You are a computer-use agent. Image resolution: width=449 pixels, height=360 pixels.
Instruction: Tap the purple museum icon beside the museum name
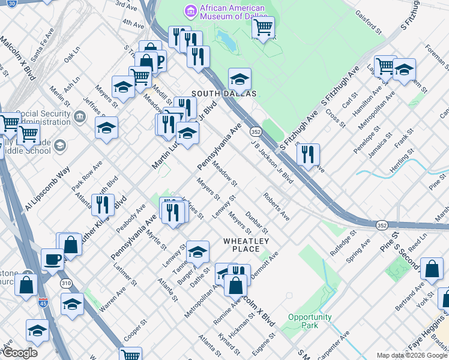190,10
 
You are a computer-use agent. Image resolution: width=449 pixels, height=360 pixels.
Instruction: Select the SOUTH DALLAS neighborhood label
224,94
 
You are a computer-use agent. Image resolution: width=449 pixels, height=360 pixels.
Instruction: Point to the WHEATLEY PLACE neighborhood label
242,245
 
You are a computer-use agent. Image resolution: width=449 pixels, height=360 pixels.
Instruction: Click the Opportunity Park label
309,321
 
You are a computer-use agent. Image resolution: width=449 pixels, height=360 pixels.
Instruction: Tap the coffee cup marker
52,259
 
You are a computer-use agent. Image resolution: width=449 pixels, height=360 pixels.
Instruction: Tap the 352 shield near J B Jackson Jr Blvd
256,131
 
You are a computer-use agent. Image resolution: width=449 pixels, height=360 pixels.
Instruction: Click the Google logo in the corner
19,353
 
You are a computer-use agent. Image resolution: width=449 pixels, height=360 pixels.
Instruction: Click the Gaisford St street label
369,21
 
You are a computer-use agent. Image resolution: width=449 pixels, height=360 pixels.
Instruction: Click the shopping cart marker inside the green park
263,27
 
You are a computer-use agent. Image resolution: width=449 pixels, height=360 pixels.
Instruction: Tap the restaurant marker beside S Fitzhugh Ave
308,155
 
